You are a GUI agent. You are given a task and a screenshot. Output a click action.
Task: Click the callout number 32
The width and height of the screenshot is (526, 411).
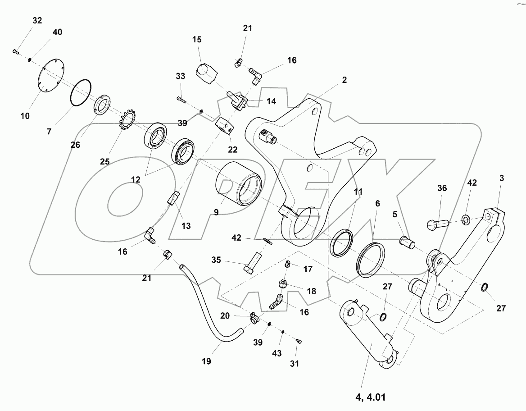click(x=36, y=20)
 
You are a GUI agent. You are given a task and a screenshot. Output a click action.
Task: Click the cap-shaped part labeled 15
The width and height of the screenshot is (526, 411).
click(x=205, y=73)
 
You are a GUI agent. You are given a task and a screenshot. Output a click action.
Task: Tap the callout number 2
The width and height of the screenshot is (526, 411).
click(x=344, y=81)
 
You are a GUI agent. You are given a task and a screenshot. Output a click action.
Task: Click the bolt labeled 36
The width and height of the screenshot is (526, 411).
click(x=436, y=222)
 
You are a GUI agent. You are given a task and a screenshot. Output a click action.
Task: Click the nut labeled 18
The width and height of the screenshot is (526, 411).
click(x=284, y=284)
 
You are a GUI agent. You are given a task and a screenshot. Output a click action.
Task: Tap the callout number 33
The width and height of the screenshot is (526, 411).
click(x=181, y=77)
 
